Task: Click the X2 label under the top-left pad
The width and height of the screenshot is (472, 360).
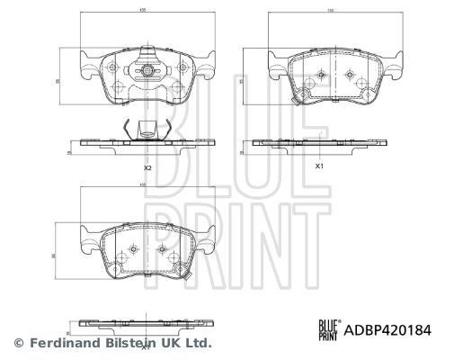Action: click(147, 168)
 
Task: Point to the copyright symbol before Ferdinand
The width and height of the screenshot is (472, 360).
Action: click(18, 343)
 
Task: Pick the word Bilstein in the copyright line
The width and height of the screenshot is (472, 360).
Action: click(128, 343)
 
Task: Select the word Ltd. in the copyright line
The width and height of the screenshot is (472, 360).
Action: click(199, 343)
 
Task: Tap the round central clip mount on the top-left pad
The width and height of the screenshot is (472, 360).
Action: click(143, 69)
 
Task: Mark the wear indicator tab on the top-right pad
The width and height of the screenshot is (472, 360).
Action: click(305, 99)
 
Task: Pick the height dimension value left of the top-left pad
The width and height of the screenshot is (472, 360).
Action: click(58, 81)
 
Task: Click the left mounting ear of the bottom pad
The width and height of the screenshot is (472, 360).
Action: click(87, 241)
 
